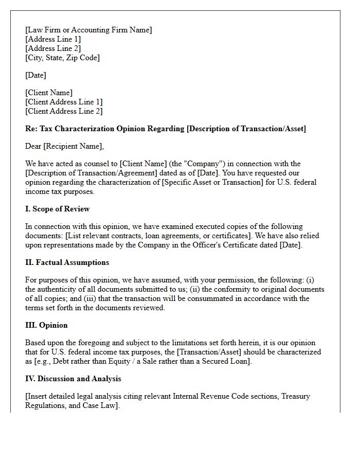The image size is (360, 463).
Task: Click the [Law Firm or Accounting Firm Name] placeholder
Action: pos(88,30)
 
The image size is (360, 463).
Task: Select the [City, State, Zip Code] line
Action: pos(62,58)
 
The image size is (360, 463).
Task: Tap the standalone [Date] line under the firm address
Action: pos(35,75)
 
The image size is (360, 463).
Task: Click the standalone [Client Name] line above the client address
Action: pos(49,93)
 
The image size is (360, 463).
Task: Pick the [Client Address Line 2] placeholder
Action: pos(64,111)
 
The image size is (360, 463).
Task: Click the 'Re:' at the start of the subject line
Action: pos(31,129)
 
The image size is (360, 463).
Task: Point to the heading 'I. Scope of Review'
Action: pos(57,209)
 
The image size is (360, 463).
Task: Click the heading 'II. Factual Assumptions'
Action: pos(67,262)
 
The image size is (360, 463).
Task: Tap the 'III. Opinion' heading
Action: pos(46,325)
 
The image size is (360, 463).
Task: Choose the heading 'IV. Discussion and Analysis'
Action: pos(73,379)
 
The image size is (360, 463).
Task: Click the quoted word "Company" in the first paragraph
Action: pos(165,164)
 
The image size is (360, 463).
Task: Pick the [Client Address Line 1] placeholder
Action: pos(64,102)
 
